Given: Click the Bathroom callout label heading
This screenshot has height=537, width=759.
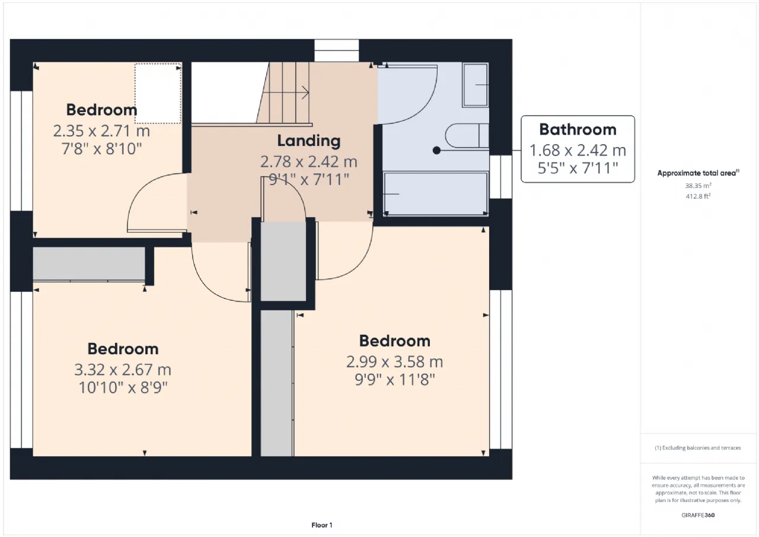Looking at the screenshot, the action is pyautogui.click(x=578, y=129).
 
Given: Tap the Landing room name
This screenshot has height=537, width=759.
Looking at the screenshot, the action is pyautogui.click(x=309, y=141).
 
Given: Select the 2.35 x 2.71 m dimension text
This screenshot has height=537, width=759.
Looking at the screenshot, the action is pyautogui.click(x=101, y=131).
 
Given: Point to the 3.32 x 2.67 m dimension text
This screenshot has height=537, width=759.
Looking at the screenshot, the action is pyautogui.click(x=123, y=370).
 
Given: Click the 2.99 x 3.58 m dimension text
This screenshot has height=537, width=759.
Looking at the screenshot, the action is pyautogui.click(x=394, y=362).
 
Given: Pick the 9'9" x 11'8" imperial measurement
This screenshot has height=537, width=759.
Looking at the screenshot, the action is pyautogui.click(x=395, y=380).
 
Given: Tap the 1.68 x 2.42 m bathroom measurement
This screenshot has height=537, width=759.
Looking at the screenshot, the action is pyautogui.click(x=578, y=151).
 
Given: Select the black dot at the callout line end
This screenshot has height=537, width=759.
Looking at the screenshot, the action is pyautogui.click(x=436, y=150).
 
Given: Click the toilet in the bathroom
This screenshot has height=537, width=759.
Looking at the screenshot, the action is pyautogui.click(x=467, y=136).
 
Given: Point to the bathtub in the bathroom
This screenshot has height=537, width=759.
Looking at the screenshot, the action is pyautogui.click(x=436, y=193).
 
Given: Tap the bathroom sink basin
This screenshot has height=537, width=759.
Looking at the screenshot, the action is pyautogui.click(x=476, y=85).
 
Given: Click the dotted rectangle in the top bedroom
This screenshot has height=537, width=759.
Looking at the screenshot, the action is pyautogui.click(x=158, y=93).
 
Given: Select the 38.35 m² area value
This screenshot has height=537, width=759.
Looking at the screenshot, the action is pyautogui.click(x=698, y=186).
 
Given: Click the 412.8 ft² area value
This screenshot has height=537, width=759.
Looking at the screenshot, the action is pyautogui.click(x=698, y=196).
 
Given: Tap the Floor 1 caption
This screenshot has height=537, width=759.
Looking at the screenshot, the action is pyautogui.click(x=322, y=525).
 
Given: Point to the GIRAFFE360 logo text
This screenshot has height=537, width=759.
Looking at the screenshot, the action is pyautogui.click(x=698, y=515).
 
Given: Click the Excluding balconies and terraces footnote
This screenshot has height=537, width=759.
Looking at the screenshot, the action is pyautogui.click(x=698, y=448).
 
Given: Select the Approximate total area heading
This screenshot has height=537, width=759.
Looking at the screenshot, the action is pyautogui.click(x=698, y=173).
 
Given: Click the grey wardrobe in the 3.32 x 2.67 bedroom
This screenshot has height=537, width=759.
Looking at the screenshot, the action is pyautogui.click(x=89, y=264).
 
